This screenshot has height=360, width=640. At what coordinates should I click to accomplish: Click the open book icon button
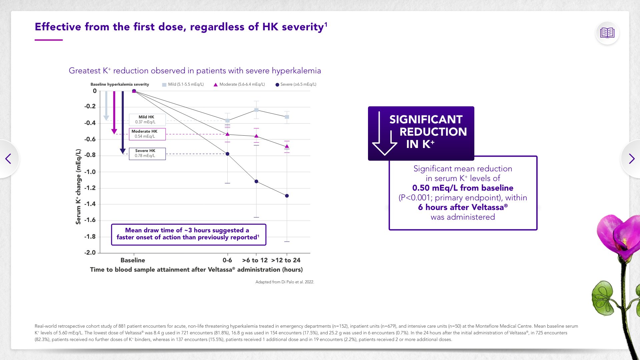click(607, 33)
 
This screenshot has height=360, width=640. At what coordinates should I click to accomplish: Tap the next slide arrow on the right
click(631, 159)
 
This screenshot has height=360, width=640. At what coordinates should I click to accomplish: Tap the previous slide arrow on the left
click(8, 159)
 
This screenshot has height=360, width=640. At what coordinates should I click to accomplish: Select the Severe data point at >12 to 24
click(287, 196)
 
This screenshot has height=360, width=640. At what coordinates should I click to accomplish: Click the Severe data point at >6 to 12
click(256, 181)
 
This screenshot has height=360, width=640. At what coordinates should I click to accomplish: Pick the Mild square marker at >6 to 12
click(256, 110)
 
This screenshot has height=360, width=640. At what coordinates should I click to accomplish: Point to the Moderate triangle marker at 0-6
click(228, 134)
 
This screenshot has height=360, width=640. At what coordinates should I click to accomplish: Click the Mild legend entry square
click(164, 85)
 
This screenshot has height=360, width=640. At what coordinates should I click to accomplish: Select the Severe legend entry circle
click(277, 85)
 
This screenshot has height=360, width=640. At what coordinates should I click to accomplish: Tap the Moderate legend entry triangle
click(216, 85)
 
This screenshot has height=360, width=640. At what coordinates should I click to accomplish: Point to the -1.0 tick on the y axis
click(90, 172)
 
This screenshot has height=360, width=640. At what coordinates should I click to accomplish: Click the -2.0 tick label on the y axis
click(90, 253)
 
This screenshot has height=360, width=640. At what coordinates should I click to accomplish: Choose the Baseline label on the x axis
click(133, 260)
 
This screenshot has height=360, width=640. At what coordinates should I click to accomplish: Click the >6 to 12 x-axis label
click(255, 260)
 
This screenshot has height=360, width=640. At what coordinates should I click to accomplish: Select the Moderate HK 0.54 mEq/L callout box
click(147, 134)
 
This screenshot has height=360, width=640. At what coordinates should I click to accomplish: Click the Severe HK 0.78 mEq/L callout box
click(147, 153)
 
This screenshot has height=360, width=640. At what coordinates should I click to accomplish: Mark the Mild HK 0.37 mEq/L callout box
click(147, 120)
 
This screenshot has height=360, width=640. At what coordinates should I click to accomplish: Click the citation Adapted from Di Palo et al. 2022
click(285, 282)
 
